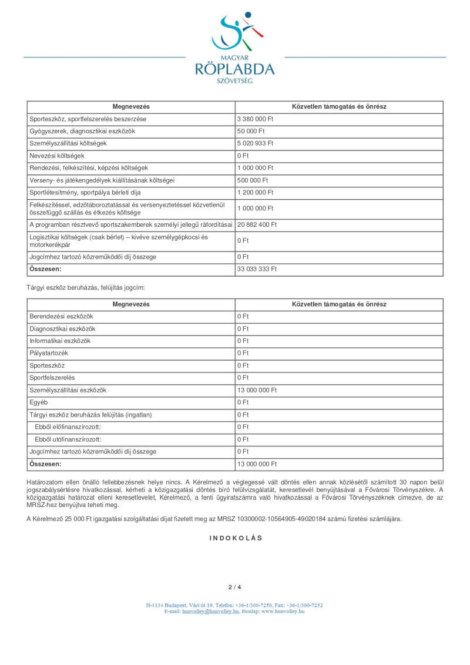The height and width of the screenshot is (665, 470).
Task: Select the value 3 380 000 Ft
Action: pos(256,119)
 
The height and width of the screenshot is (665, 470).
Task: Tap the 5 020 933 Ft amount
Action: pos(256,143)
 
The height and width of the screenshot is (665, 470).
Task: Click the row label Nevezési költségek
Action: pos(57,156)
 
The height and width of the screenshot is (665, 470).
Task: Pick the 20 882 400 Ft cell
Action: pos(257,224)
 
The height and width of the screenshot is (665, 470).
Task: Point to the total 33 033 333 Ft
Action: pos(257,269)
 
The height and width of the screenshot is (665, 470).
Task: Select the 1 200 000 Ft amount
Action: pos(256,193)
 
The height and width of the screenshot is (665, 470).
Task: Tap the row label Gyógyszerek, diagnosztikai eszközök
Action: pos(82,131)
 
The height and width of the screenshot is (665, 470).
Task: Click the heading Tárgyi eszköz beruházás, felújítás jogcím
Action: pos(85,288)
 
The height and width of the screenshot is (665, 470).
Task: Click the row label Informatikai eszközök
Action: pos(60,341)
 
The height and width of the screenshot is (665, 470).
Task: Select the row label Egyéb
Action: pos(39,402)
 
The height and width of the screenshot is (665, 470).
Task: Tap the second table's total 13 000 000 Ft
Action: pos(257,464)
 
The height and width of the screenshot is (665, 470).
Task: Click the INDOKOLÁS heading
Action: pos(236,538)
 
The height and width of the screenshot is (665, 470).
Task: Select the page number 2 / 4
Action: pos(235,587)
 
